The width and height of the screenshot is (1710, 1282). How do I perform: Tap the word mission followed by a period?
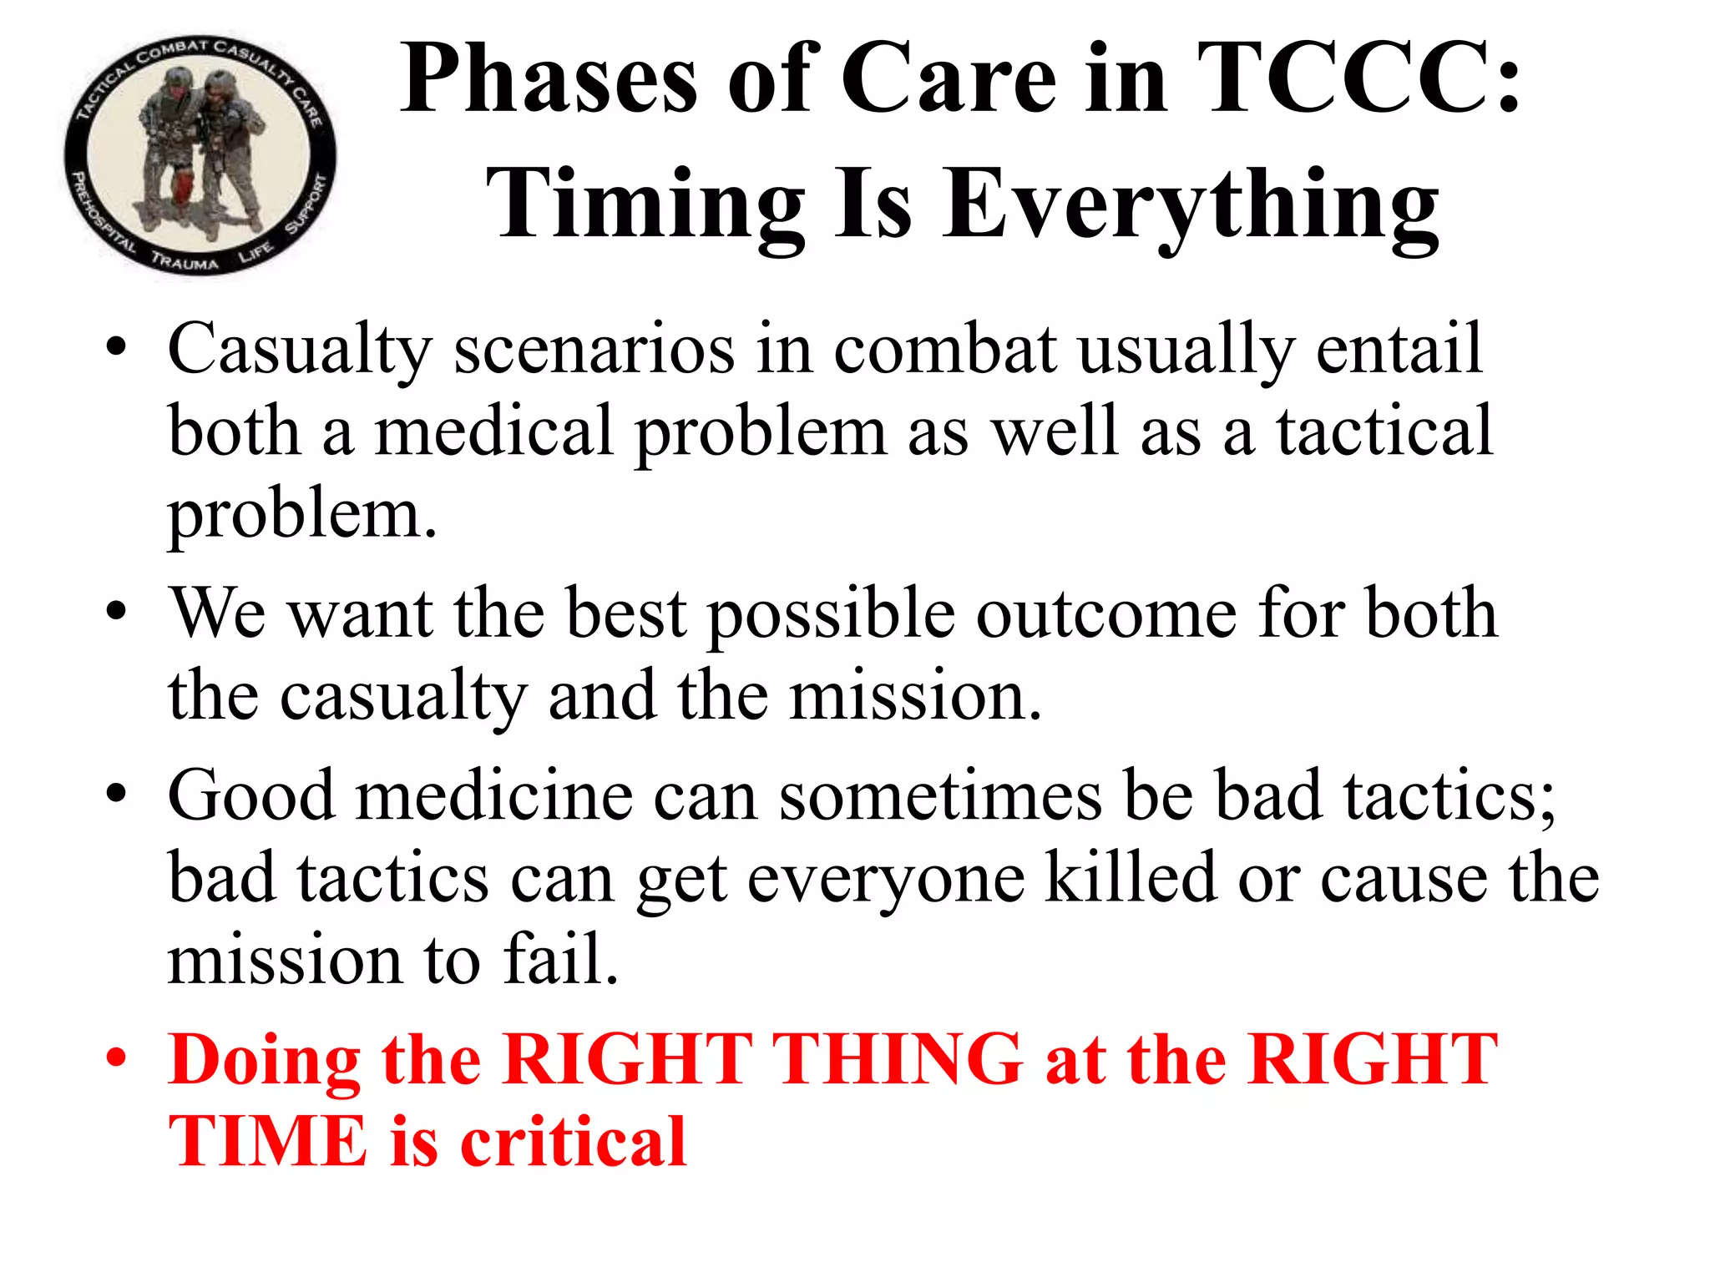[x=915, y=697]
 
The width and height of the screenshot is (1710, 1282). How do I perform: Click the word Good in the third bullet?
[x=251, y=795]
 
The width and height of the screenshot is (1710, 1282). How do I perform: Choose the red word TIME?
[x=268, y=1141]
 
